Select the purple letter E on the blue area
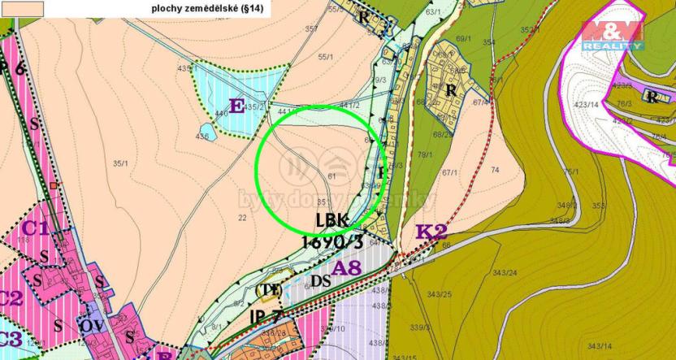click(237, 105)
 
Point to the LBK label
click(334, 221)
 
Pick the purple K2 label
click(431, 232)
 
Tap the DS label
click(320, 281)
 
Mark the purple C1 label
click(33, 229)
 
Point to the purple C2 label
click(10, 297)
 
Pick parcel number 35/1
click(122, 163)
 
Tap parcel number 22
click(242, 217)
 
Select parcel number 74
click(496, 169)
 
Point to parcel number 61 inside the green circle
click(331, 176)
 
